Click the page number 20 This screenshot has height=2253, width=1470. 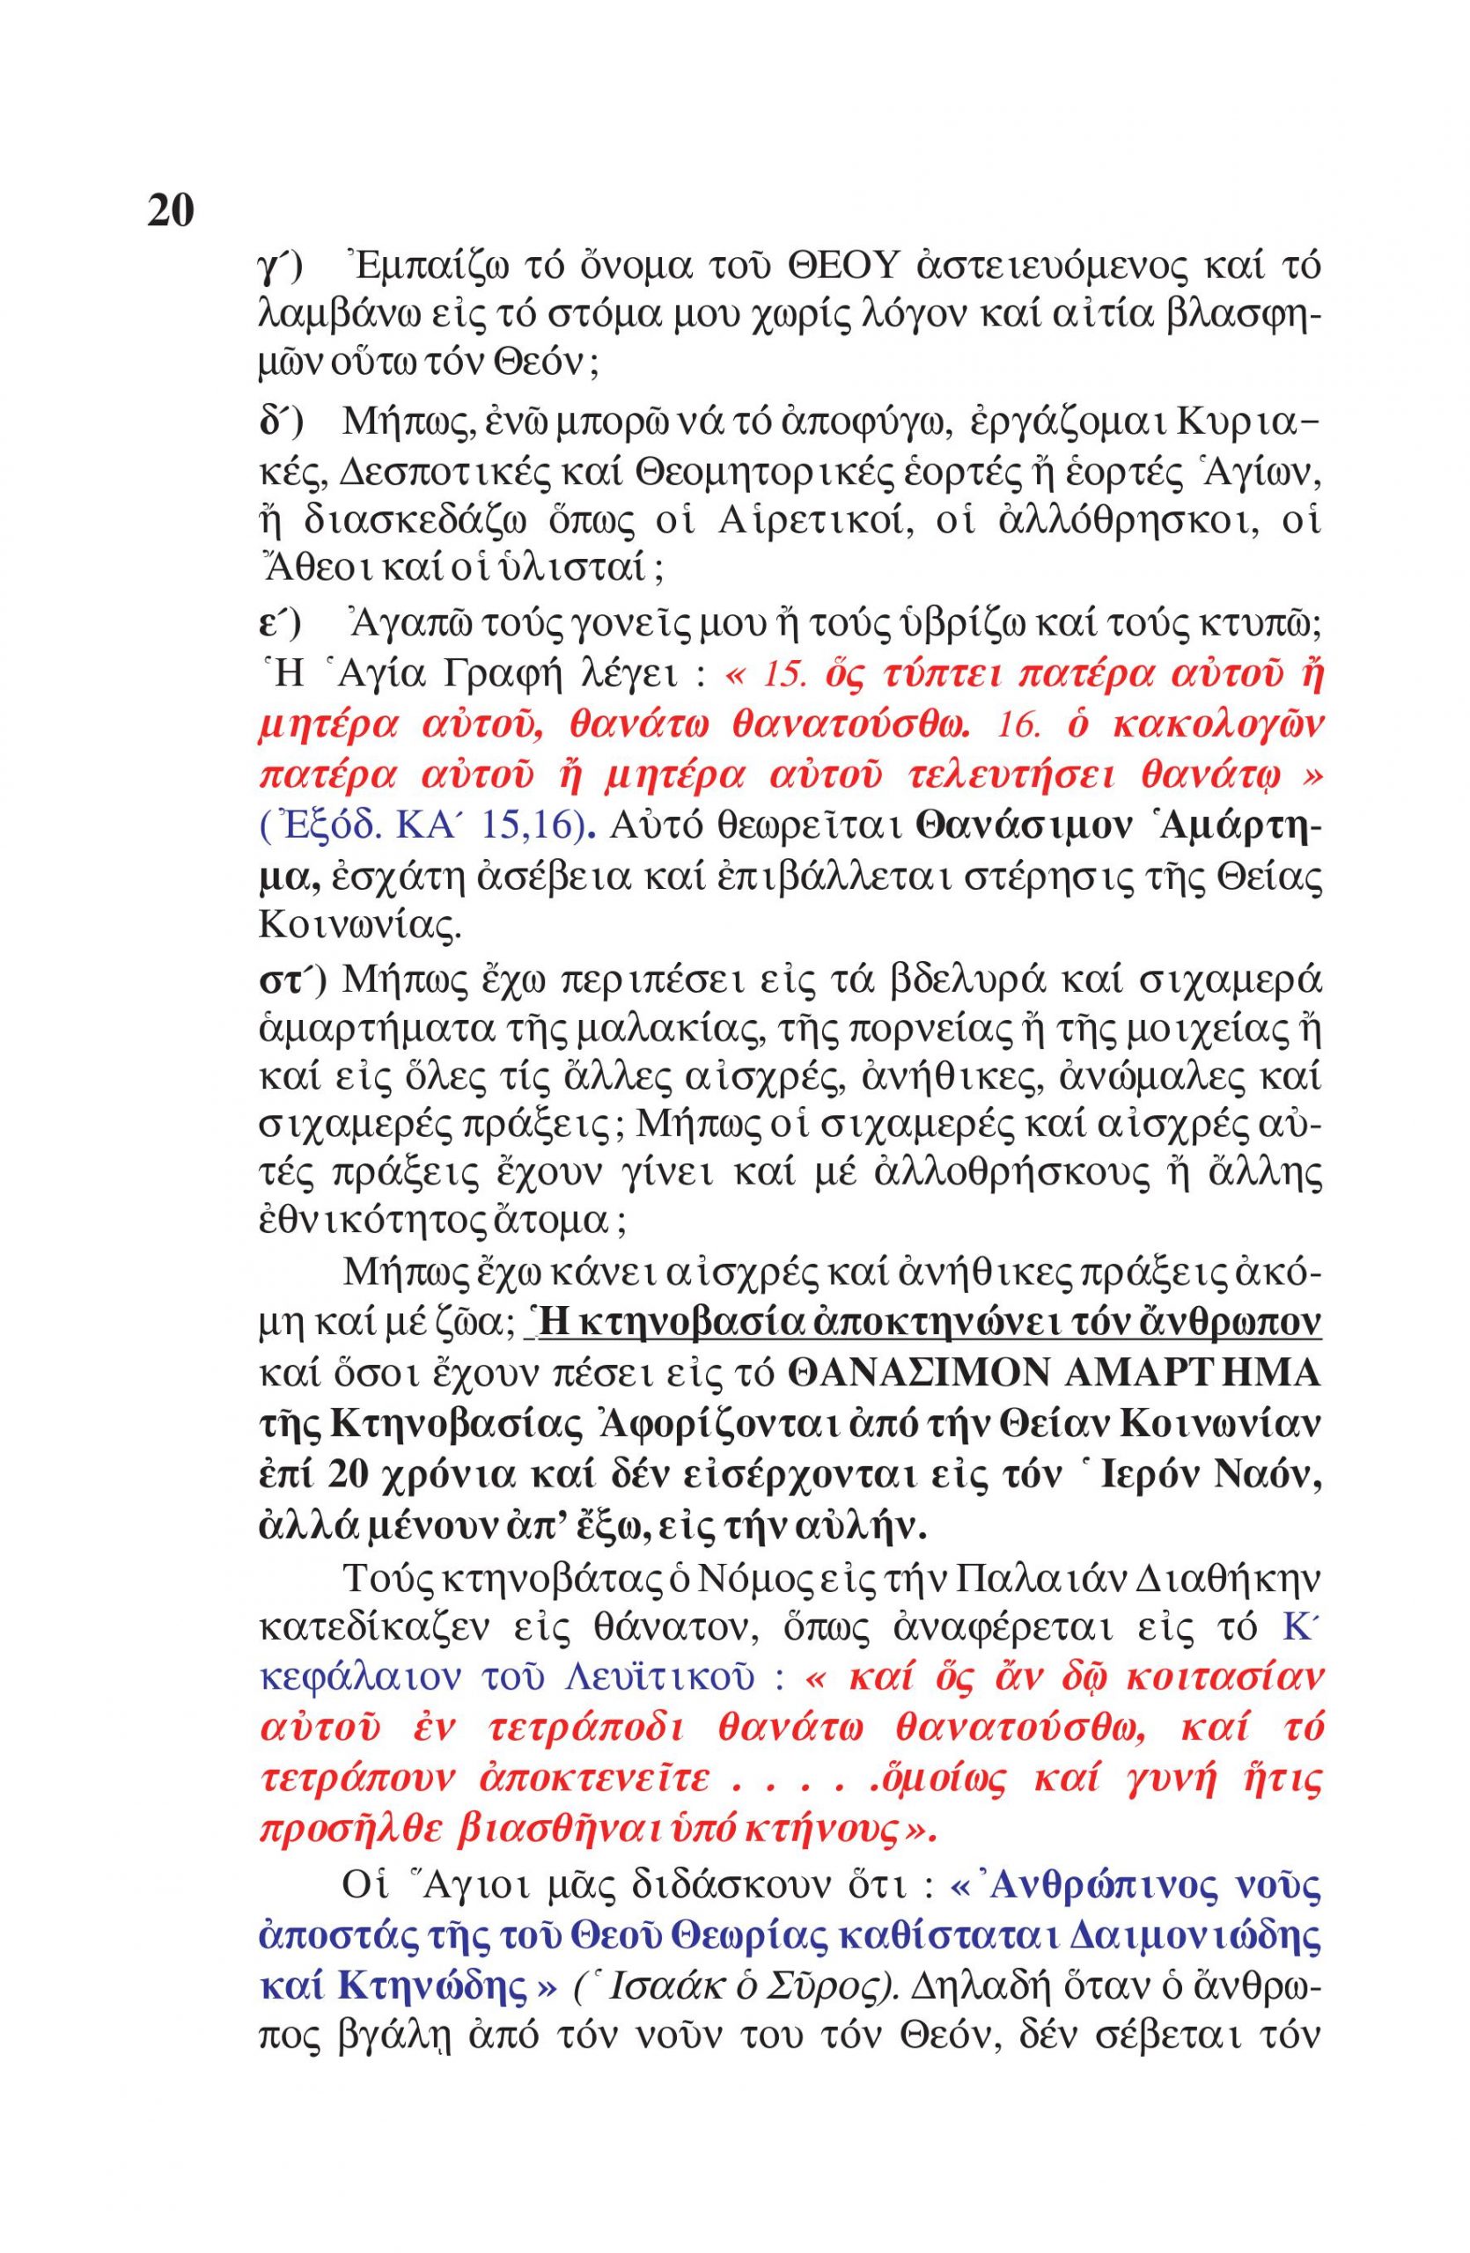click(171, 210)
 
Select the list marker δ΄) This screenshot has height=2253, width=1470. click(279, 422)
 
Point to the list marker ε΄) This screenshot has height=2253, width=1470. click(279, 626)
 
